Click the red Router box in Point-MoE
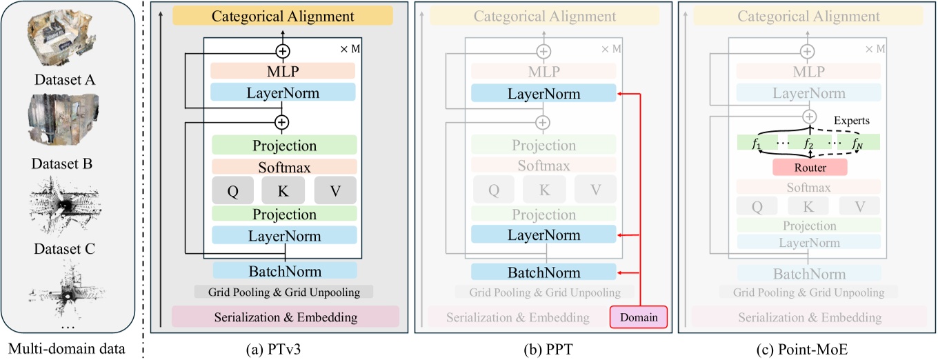tap(810, 167)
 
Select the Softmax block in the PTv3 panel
tap(283, 167)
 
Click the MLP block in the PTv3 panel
tap(283, 72)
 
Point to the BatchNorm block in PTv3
tap(284, 270)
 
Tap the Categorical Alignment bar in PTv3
tap(283, 16)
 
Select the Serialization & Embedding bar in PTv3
tap(285, 317)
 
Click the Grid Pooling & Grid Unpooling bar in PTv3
tap(283, 292)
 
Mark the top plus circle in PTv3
tap(282, 51)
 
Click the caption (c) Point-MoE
tap(808, 348)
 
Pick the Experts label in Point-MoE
tap(850, 120)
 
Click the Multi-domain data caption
tap(68, 348)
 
